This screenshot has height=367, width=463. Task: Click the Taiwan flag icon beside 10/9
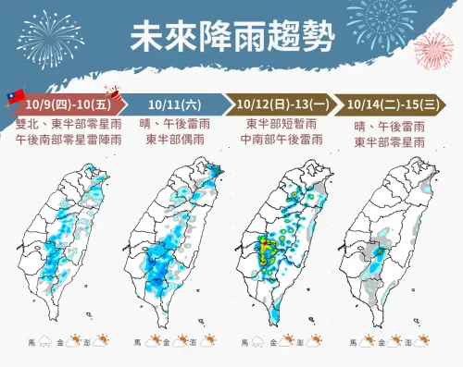pyautogui.click(x=14, y=95)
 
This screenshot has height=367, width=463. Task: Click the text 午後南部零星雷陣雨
pyautogui.click(x=63, y=141)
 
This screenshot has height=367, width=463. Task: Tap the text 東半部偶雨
pyautogui.click(x=174, y=141)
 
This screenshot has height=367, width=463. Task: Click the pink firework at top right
pyautogui.click(x=434, y=51)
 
